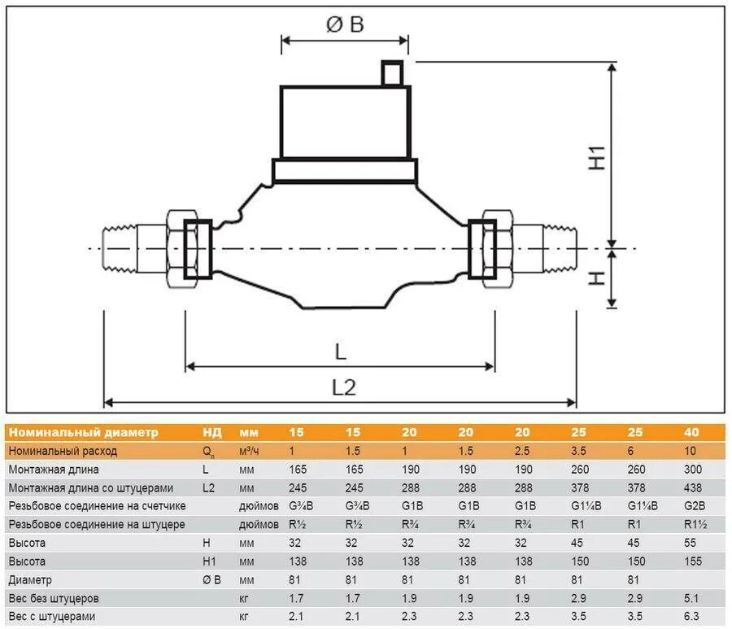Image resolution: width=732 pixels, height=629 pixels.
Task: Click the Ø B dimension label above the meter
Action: [345, 24]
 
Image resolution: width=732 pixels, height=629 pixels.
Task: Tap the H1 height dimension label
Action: [597, 158]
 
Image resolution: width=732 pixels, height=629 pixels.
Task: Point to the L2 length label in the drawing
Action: [344, 387]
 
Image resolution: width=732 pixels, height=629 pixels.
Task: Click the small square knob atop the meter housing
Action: [392, 73]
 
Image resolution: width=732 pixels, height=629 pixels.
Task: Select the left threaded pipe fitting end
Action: [119, 248]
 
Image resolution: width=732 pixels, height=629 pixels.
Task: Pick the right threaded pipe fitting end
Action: [560, 248]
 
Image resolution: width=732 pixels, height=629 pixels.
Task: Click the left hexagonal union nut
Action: [182, 248]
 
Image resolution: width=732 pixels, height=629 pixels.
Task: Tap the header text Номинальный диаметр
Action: [84, 432]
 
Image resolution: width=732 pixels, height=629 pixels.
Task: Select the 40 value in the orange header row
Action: [691, 432]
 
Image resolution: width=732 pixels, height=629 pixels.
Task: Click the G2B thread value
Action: [695, 505]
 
